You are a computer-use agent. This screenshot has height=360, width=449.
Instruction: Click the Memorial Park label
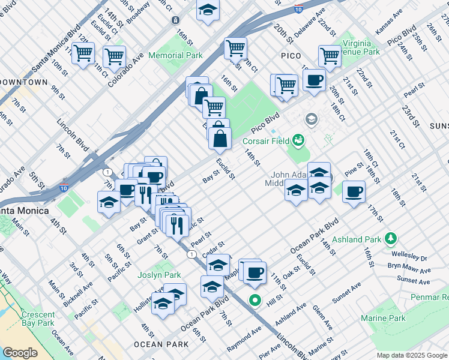click(x=175, y=55)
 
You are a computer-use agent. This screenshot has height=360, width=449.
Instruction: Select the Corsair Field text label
click(x=266, y=142)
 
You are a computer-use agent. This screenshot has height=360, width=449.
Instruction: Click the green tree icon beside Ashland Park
click(x=391, y=239)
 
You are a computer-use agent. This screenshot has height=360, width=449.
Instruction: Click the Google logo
click(x=20, y=352)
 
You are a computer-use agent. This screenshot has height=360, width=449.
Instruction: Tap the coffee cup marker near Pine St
click(x=354, y=192)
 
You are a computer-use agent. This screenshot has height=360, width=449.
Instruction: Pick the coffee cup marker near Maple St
click(x=255, y=272)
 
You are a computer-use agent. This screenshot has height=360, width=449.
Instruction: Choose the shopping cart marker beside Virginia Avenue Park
click(x=330, y=56)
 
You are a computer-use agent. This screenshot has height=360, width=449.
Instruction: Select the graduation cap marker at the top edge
click(x=208, y=10)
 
